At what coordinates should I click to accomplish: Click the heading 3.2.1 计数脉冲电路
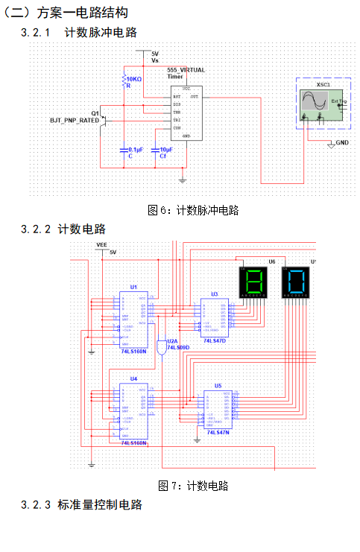click(x=80, y=32)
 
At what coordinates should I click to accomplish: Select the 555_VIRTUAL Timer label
click(x=186, y=72)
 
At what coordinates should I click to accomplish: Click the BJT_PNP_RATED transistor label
click(x=75, y=120)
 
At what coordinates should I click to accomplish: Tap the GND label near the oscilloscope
click(x=342, y=142)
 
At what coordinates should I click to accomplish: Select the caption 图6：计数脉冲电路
click(x=194, y=210)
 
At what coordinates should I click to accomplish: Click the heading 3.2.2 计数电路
click(x=64, y=229)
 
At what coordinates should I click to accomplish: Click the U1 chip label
click(x=133, y=286)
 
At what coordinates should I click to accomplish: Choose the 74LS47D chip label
click(x=213, y=340)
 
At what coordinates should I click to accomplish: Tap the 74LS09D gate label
click(x=178, y=347)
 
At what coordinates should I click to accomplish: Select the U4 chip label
click(x=133, y=378)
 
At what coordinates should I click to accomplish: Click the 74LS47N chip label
click(x=217, y=432)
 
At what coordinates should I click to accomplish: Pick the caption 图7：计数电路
click(x=194, y=486)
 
